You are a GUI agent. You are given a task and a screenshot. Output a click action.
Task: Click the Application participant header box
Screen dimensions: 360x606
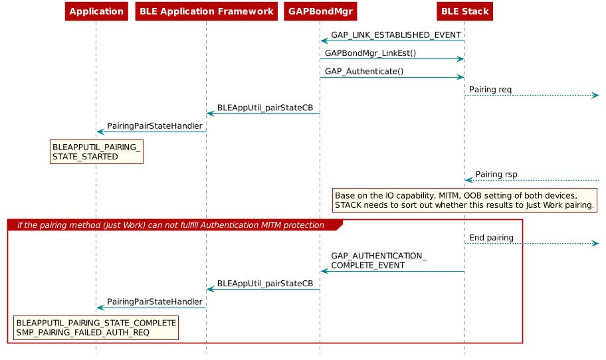[x=96, y=11]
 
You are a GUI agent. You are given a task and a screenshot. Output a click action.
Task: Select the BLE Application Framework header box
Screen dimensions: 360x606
[x=206, y=11]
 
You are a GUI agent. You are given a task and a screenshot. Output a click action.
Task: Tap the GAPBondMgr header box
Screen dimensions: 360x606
[x=320, y=11]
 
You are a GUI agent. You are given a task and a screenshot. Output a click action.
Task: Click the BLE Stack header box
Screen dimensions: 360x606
[x=464, y=11]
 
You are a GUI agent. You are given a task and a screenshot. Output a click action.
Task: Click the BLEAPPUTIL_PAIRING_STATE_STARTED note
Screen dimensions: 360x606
[x=96, y=151]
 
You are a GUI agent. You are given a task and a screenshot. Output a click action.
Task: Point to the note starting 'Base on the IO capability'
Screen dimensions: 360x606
[x=464, y=200]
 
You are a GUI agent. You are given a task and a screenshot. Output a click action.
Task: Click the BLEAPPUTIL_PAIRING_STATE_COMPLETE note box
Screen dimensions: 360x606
[x=96, y=327]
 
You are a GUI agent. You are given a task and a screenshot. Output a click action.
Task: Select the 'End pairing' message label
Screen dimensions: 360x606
[x=491, y=237]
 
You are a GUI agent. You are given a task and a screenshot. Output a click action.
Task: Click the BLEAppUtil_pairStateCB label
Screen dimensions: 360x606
[x=264, y=283]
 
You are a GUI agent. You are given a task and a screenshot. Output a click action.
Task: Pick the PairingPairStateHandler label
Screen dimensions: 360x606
[x=155, y=302]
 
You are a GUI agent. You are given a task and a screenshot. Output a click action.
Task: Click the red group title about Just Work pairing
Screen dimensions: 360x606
[x=171, y=225]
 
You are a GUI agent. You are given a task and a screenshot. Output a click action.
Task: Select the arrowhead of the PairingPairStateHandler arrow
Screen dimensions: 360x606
[x=100, y=308]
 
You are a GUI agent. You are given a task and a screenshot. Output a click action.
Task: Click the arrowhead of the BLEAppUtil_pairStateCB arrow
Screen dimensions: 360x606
[x=210, y=289]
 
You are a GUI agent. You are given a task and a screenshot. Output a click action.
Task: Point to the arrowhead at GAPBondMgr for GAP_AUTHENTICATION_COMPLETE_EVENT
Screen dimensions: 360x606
[x=324, y=271]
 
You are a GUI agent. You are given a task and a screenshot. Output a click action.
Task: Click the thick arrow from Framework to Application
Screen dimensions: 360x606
[x=151, y=132]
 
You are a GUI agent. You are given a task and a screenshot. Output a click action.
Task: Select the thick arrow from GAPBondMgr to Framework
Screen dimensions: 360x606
[x=263, y=113]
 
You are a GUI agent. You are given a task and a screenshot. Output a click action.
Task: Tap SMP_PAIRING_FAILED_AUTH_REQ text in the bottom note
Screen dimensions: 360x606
[x=82, y=332]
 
